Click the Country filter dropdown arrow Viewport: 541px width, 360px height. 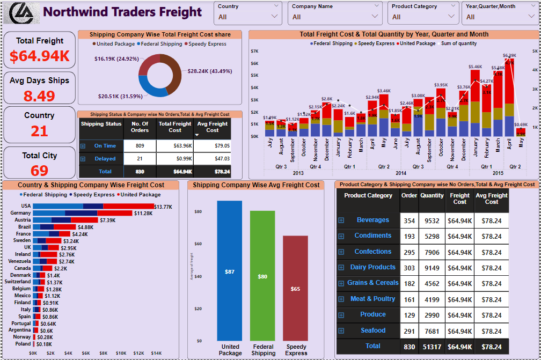click(275, 17)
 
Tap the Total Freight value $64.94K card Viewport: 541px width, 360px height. click(39, 56)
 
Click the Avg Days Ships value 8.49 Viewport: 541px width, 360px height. click(39, 96)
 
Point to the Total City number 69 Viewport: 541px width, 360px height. click(39, 171)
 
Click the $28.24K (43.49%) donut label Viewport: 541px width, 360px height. click(209, 71)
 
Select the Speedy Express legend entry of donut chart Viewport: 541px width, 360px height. click(206, 44)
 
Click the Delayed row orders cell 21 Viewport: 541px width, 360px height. click(140, 159)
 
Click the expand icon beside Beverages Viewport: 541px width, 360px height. click(341, 221)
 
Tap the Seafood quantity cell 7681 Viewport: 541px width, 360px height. click(432, 331)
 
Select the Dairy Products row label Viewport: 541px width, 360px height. click(372, 267)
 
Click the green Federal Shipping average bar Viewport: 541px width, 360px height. click(262, 276)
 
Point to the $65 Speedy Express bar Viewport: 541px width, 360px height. click(295, 289)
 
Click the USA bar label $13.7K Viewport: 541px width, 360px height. click(163, 207)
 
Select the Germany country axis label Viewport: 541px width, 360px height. click(20, 213)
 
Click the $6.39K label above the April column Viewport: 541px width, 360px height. click(509, 55)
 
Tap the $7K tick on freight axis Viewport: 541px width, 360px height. click(254, 51)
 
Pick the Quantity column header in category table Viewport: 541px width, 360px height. click(432, 196)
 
